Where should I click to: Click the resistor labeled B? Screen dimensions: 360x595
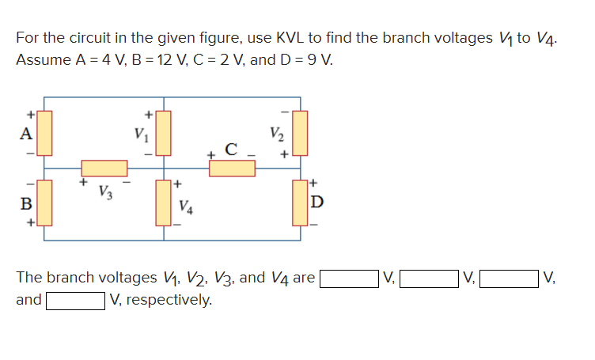(44, 202)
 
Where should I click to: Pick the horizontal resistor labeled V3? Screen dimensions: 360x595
(104, 168)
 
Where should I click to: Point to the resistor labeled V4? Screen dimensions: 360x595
(165, 203)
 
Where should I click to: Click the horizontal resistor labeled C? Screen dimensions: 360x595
(232, 168)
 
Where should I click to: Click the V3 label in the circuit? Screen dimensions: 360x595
(104, 191)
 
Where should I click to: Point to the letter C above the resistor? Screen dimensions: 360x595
(231, 148)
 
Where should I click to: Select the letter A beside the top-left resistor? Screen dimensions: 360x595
(25, 133)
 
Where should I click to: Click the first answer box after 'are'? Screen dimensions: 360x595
(348, 278)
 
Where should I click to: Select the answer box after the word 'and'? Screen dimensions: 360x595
(75, 300)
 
